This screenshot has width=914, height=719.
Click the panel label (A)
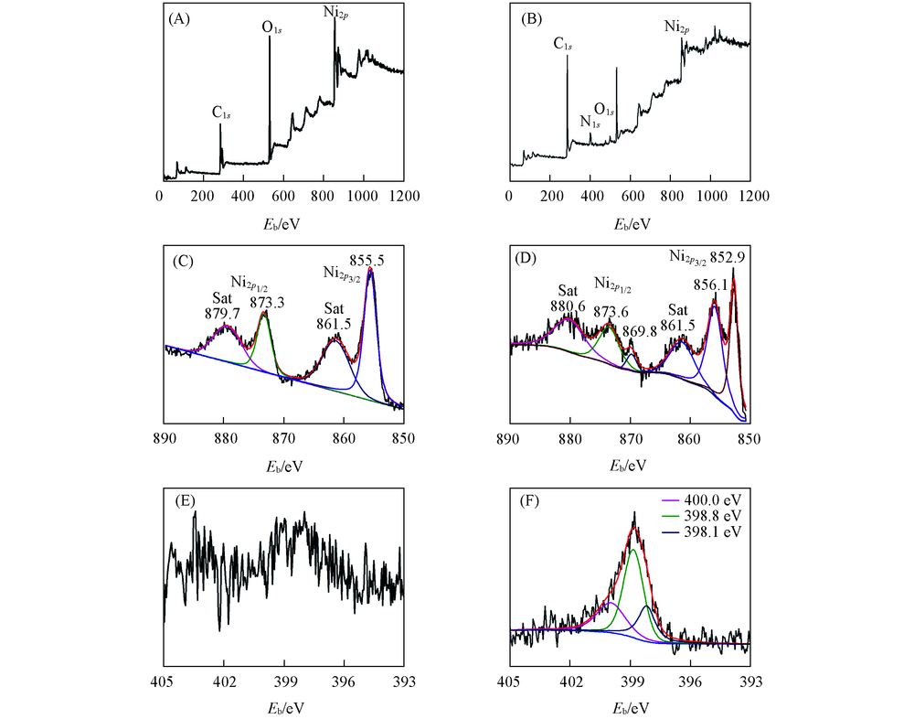tap(178, 20)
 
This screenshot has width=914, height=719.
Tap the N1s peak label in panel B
tap(590, 121)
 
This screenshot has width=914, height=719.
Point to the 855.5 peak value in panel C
tap(371, 259)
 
